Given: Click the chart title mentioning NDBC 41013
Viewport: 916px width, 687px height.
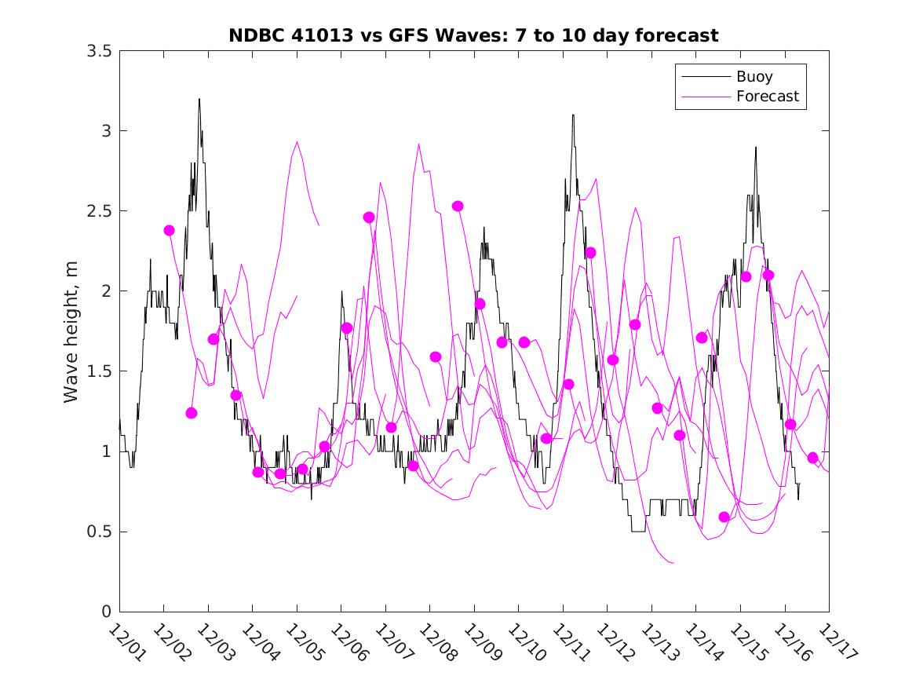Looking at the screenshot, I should tap(473, 35).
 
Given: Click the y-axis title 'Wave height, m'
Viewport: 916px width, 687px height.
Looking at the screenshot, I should tap(71, 331).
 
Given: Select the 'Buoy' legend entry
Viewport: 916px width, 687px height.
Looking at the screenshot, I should tap(754, 77).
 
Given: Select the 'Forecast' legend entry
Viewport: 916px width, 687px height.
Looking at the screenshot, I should tap(767, 97).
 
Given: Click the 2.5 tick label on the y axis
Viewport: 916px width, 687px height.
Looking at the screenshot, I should tap(100, 211).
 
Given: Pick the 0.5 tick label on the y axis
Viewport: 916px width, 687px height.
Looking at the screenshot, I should tap(100, 532).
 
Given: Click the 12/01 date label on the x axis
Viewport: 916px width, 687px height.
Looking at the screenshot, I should tap(126, 643).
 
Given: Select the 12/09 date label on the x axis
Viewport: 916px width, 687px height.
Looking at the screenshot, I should tap(480, 643).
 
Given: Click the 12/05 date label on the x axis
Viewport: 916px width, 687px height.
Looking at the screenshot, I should tap(303, 643).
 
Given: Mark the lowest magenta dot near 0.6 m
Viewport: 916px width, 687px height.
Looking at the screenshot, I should tap(724, 517).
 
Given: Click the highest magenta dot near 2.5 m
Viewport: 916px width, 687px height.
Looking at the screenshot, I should tap(458, 206).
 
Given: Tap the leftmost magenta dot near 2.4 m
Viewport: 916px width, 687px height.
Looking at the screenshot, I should tap(169, 230).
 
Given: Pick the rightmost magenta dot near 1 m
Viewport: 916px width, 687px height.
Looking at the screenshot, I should tap(812, 458).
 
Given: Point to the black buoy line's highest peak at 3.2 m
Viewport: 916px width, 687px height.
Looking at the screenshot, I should tap(199, 99).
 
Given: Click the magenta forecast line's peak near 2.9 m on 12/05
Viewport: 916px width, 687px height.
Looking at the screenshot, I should tap(297, 142).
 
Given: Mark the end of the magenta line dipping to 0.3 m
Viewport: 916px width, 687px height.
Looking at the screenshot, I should tap(673, 563).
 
